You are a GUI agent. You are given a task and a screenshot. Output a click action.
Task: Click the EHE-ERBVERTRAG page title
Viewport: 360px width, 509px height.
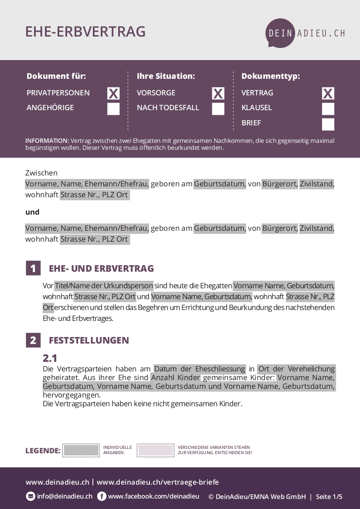(x=85, y=32)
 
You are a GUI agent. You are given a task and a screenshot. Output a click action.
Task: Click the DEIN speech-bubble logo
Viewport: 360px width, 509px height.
(x=281, y=33)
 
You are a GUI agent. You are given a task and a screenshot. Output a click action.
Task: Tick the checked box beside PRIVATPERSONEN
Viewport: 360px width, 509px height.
(x=113, y=93)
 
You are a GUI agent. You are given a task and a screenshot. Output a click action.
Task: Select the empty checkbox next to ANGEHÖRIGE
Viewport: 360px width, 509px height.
(x=113, y=109)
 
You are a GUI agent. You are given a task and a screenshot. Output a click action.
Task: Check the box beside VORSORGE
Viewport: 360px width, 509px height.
(x=218, y=93)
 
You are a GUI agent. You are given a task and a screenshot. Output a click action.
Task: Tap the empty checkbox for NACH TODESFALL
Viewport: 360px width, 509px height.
(x=218, y=109)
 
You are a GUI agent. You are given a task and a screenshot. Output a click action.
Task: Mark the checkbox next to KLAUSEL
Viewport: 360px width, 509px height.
(x=328, y=109)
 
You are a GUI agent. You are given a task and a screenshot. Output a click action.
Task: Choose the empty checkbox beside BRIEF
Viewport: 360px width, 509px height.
(x=328, y=125)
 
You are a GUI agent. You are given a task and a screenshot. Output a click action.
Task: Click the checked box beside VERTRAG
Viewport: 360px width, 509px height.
(x=328, y=93)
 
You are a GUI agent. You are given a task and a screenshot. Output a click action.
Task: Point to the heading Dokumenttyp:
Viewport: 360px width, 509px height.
(x=271, y=76)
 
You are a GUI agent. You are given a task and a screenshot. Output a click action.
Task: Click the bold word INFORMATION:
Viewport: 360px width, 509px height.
(x=47, y=141)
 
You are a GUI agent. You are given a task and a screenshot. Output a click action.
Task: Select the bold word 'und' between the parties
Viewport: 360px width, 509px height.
(x=32, y=212)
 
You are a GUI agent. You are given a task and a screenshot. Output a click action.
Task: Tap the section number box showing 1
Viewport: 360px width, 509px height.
(x=33, y=268)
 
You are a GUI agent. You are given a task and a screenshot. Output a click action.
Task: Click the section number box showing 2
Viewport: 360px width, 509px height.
(x=33, y=340)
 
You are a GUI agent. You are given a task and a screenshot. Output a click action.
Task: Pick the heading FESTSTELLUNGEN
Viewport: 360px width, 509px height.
(x=89, y=340)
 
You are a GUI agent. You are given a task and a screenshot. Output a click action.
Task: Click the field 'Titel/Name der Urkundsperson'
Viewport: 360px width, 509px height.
(x=104, y=286)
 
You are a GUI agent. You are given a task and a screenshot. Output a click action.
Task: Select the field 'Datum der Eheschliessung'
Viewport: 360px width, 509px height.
(x=200, y=369)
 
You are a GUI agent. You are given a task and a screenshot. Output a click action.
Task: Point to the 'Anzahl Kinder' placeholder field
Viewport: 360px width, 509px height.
(x=176, y=378)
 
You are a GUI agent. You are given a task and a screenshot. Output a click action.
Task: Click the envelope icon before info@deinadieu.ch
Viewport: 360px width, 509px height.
(x=31, y=496)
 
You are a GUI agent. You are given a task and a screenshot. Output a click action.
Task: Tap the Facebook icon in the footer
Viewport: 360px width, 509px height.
(x=102, y=496)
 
